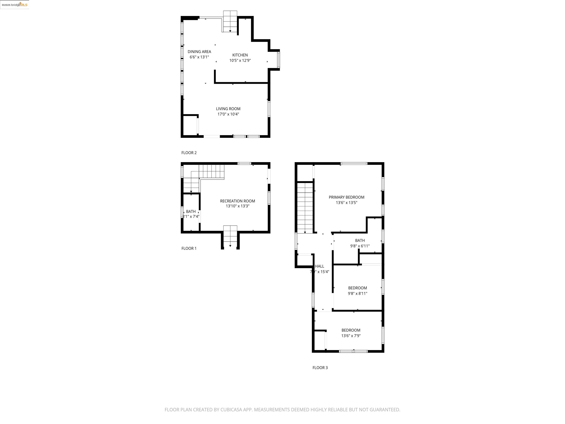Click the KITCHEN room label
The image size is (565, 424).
(240, 55)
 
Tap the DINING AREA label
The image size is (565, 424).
(199, 52)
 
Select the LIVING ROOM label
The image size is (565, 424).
(228, 109)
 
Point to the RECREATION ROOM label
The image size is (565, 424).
(237, 201)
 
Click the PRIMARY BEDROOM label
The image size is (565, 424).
(346, 197)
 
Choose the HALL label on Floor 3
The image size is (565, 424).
(319, 266)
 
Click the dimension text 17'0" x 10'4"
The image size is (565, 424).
(228, 114)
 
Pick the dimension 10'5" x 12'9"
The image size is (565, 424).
(240, 61)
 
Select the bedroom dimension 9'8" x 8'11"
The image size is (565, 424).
(357, 293)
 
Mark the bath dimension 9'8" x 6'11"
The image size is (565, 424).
(360, 246)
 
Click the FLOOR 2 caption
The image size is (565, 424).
(189, 153)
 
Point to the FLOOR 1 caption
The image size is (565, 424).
(189, 248)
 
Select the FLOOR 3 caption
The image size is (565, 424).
(320, 368)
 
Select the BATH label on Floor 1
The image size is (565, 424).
(191, 211)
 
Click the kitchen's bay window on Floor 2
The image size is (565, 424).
(278, 60)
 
